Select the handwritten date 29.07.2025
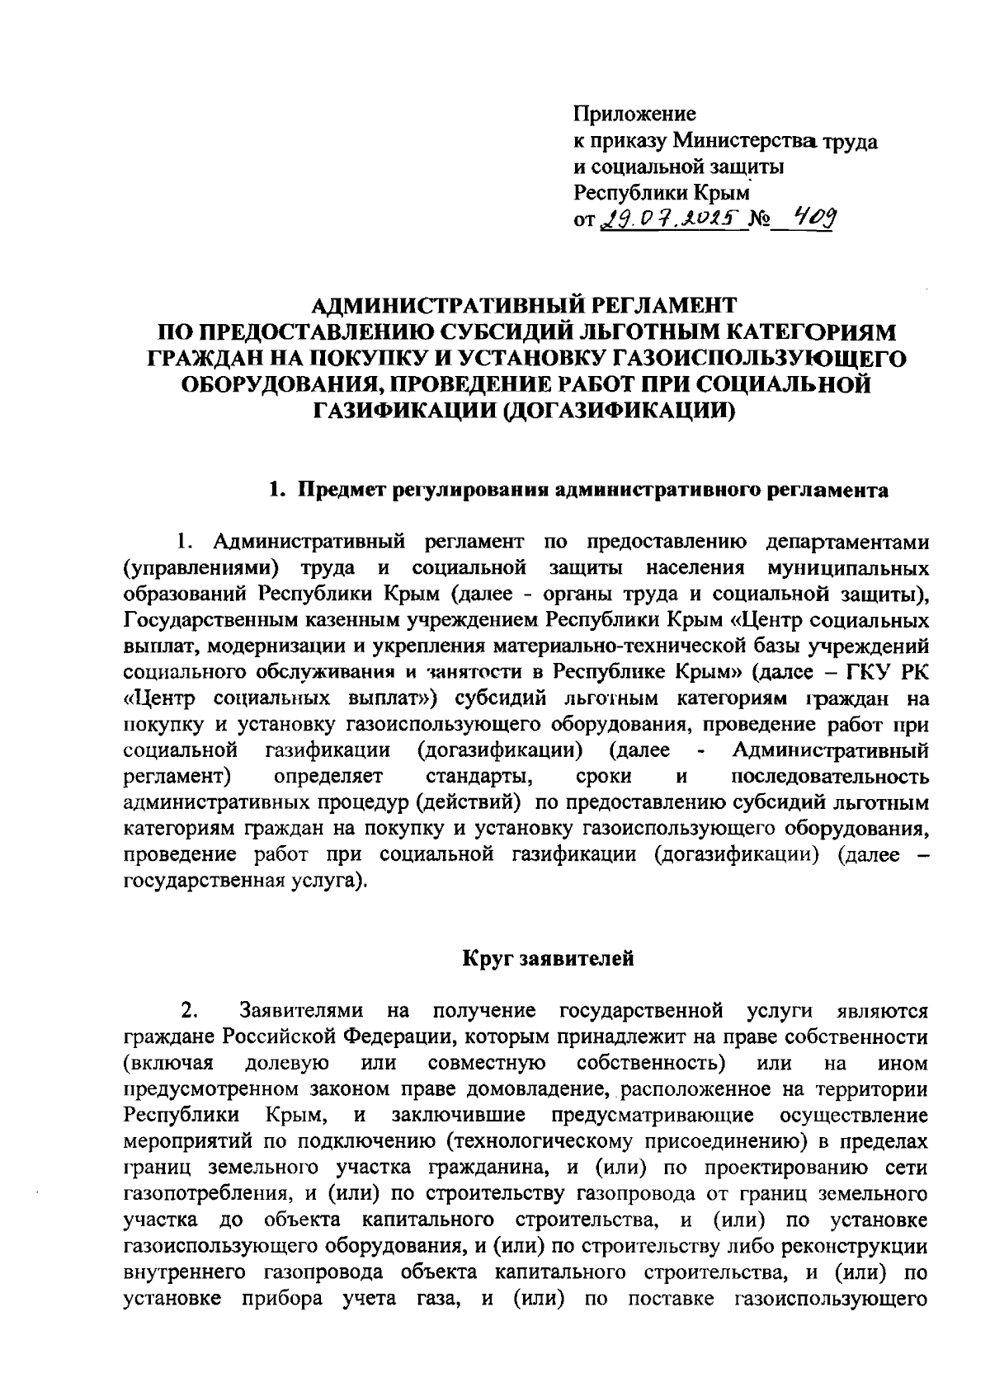click(x=670, y=219)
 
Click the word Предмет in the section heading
click(x=338, y=491)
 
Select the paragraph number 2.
click(x=188, y=1011)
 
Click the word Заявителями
click(x=302, y=1011)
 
